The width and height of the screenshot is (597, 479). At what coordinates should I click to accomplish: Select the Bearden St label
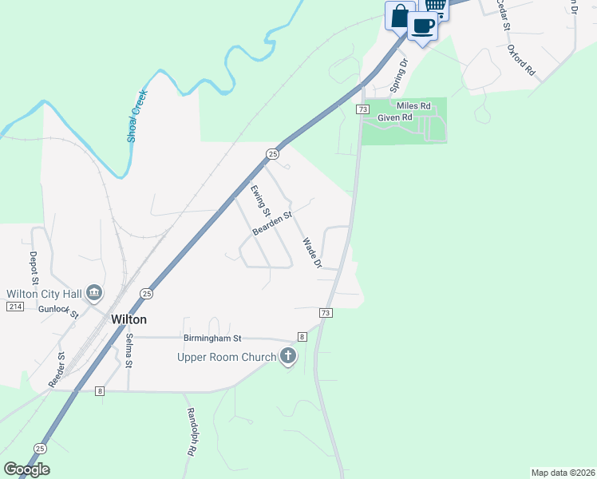point(272,223)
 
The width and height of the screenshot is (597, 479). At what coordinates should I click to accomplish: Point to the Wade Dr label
point(312,253)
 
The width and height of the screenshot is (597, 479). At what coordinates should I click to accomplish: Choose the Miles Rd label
point(413,105)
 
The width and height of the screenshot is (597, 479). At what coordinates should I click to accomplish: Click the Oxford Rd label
point(520,60)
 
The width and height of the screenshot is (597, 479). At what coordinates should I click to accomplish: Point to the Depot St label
point(34,267)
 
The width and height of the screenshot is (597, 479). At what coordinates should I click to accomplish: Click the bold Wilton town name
point(128,319)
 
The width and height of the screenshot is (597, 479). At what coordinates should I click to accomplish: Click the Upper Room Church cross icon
point(287,357)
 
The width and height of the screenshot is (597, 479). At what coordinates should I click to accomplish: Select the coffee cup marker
point(423,26)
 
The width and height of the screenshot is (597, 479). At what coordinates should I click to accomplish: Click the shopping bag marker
point(400,15)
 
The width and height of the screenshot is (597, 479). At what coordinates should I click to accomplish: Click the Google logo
point(26,469)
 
